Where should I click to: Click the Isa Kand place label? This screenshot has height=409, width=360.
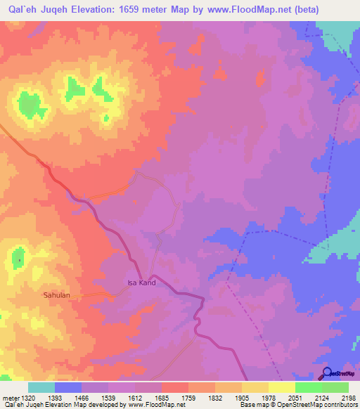[x=141, y=283]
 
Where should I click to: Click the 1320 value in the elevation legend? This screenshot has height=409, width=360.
[x=29, y=398]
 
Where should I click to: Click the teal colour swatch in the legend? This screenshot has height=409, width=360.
[x=41, y=387]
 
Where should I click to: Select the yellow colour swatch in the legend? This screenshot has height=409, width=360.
[x=282, y=387]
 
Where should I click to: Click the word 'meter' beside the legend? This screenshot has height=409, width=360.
[x=11, y=398]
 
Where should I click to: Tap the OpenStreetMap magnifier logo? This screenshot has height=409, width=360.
[x=327, y=372]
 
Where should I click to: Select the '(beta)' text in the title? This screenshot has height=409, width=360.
[x=284, y=10]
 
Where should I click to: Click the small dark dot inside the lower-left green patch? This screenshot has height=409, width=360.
[x=19, y=260]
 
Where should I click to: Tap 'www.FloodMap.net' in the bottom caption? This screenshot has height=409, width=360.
[x=156, y=405]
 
